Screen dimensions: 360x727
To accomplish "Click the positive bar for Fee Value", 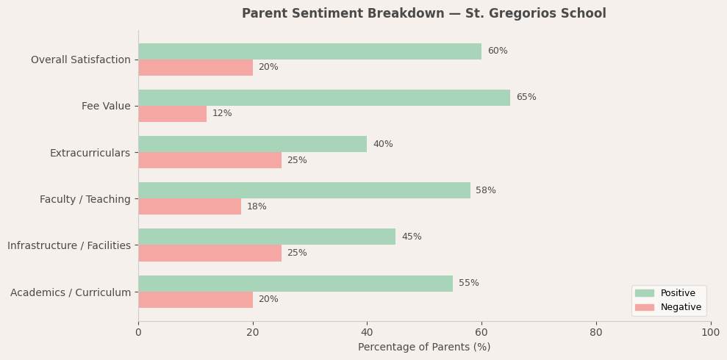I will pyautogui.click(x=323, y=98).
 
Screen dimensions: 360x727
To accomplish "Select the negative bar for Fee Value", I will pyautogui.click(x=172, y=114).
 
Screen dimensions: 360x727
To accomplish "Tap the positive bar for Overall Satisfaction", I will pyautogui.click(x=309, y=51).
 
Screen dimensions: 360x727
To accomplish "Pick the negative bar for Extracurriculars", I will pyautogui.click(x=209, y=160).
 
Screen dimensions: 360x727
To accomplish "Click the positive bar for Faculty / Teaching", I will pyautogui.click(x=304, y=190).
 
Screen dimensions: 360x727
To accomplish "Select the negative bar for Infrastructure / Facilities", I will pyautogui.click(x=209, y=253).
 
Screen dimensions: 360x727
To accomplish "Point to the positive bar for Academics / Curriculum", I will pyautogui.click(x=295, y=284).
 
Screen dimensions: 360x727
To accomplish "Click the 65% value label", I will pyautogui.click(x=526, y=98).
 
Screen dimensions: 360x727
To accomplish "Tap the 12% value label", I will pyautogui.click(x=222, y=114).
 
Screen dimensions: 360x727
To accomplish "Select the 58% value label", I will pyautogui.click(x=485, y=190).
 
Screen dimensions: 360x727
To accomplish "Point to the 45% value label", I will pyautogui.click(x=411, y=237).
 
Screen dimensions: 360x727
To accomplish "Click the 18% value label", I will pyautogui.click(x=257, y=207).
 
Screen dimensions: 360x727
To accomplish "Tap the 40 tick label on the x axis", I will pyautogui.click(x=367, y=332).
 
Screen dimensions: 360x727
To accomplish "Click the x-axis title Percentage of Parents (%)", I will pyautogui.click(x=424, y=348).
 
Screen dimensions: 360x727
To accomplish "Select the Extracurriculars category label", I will pyautogui.click(x=90, y=153).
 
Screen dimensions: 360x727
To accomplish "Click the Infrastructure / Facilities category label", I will pyautogui.click(x=69, y=245).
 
